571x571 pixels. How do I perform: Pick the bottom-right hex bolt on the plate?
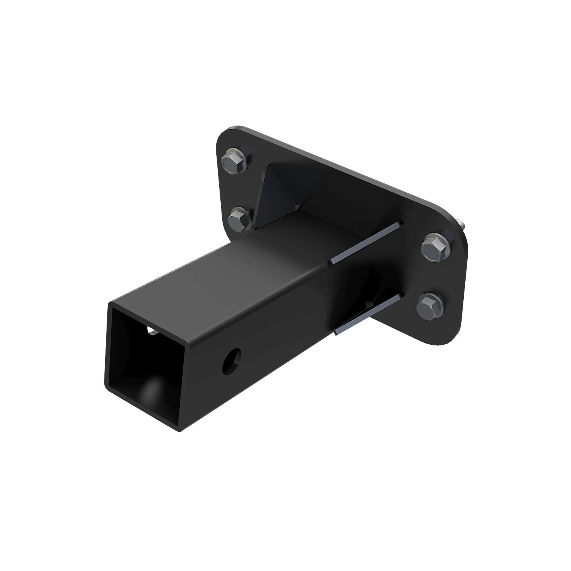(x=430, y=306)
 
